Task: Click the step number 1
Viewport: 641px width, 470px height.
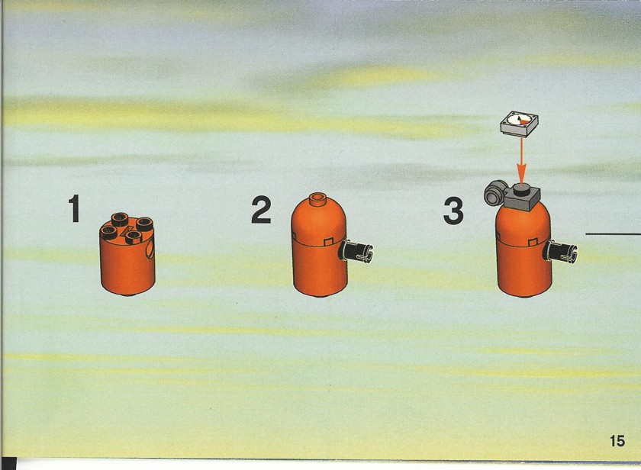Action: (75, 208)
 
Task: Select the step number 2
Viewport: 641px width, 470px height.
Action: (261, 210)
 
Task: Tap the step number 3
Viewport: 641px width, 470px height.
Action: (453, 211)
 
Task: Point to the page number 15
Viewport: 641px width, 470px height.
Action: (617, 441)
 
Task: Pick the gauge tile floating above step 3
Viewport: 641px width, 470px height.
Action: (519, 123)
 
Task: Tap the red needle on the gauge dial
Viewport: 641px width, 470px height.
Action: (520, 119)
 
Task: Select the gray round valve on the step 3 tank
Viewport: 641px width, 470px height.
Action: (494, 193)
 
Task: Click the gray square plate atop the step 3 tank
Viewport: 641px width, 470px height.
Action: (523, 197)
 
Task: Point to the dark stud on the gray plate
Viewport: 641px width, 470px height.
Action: (521, 188)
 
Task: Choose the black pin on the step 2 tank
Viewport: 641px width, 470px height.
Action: (356, 250)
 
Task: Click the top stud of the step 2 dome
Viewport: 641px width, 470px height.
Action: (317, 199)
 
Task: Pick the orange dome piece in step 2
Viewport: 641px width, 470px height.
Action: (318, 221)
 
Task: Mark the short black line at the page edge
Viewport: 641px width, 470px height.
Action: (614, 234)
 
